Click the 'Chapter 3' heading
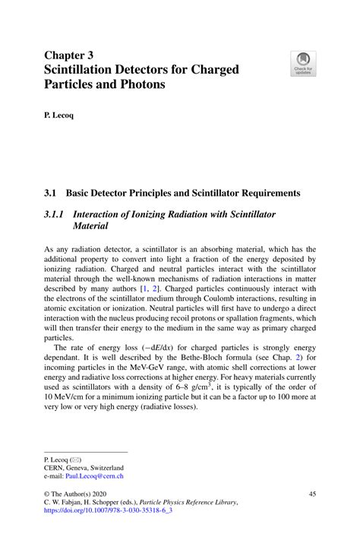71,55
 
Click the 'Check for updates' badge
304,63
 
